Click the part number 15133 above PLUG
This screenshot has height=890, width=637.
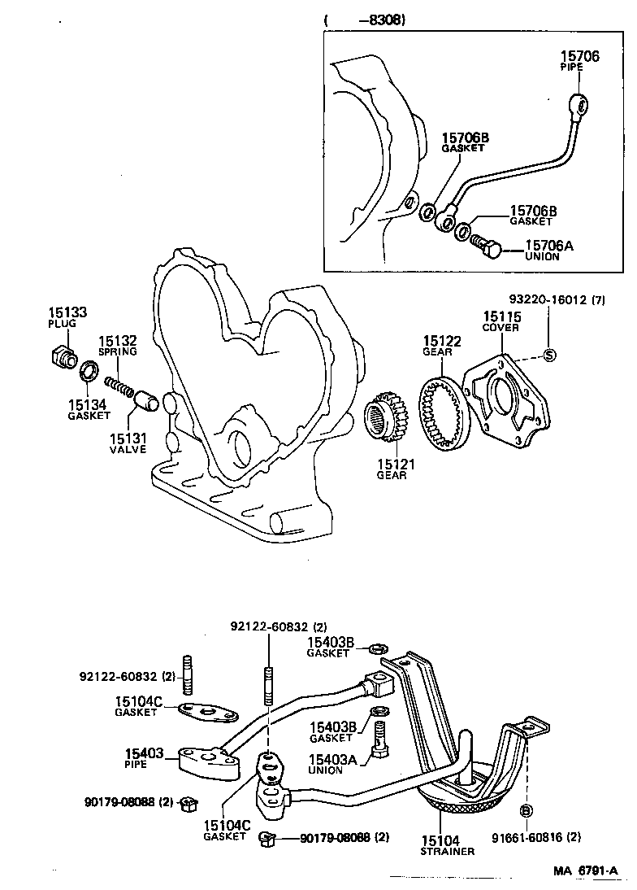point(62,312)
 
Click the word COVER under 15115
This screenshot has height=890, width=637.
point(500,328)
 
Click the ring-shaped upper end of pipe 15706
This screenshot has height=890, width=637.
point(579,104)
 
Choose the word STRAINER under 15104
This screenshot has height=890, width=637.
point(447,852)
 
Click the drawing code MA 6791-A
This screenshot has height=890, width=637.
point(587,871)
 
